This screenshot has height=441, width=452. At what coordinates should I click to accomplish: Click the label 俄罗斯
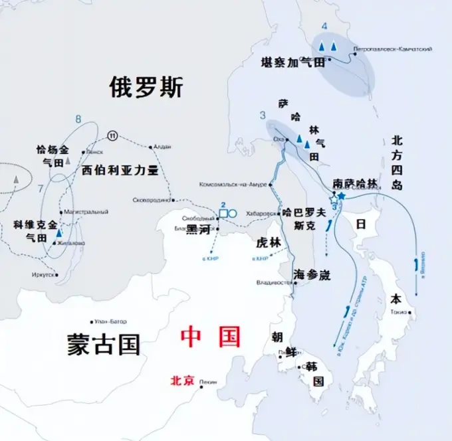tap(146, 86)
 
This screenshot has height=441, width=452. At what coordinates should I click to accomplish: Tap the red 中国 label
tap(211, 337)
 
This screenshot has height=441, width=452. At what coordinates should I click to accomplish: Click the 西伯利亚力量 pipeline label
tap(120, 170)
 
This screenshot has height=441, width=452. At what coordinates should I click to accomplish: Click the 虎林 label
tap(269, 243)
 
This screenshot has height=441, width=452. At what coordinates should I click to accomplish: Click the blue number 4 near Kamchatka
tap(324, 27)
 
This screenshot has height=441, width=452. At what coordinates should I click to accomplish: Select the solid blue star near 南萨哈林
tap(341, 196)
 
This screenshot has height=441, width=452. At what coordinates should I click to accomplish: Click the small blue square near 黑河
tap(224, 213)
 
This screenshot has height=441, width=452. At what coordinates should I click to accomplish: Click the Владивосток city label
tap(274, 283)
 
